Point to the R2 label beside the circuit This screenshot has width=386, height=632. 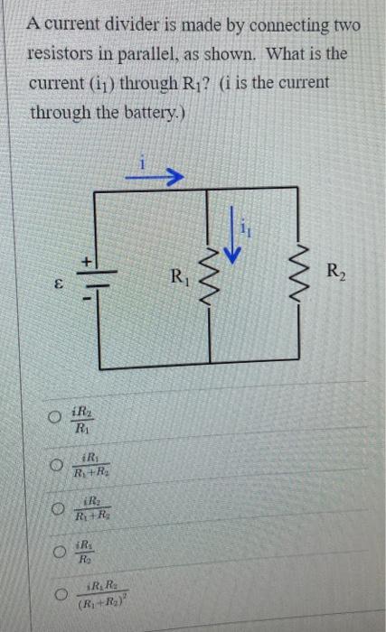(x=335, y=268)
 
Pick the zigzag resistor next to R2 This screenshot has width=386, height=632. (x=299, y=270)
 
